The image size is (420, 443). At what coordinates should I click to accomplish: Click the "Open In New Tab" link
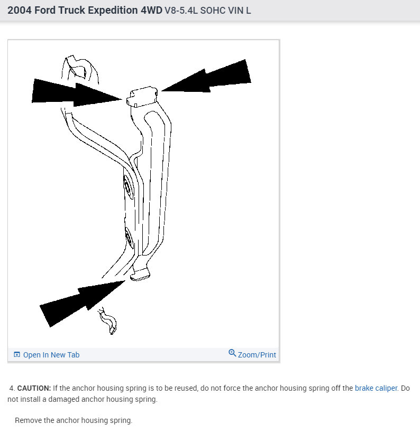point(51,355)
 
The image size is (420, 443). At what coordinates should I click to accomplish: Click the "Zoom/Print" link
point(257,355)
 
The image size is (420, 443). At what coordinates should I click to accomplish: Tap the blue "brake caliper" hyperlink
point(376,388)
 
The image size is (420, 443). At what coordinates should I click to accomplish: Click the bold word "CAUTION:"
point(34,388)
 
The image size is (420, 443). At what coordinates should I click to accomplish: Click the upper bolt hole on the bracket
point(127,186)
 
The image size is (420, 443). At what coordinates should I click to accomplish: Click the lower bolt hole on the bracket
point(129,238)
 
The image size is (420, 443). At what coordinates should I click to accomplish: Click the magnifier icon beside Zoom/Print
point(232,353)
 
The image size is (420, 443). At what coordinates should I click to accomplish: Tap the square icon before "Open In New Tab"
point(17,355)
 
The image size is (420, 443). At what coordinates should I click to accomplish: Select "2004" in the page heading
point(19,10)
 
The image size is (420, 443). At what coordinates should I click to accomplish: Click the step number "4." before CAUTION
point(12,388)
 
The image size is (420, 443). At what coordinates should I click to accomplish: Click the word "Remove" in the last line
point(29,421)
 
